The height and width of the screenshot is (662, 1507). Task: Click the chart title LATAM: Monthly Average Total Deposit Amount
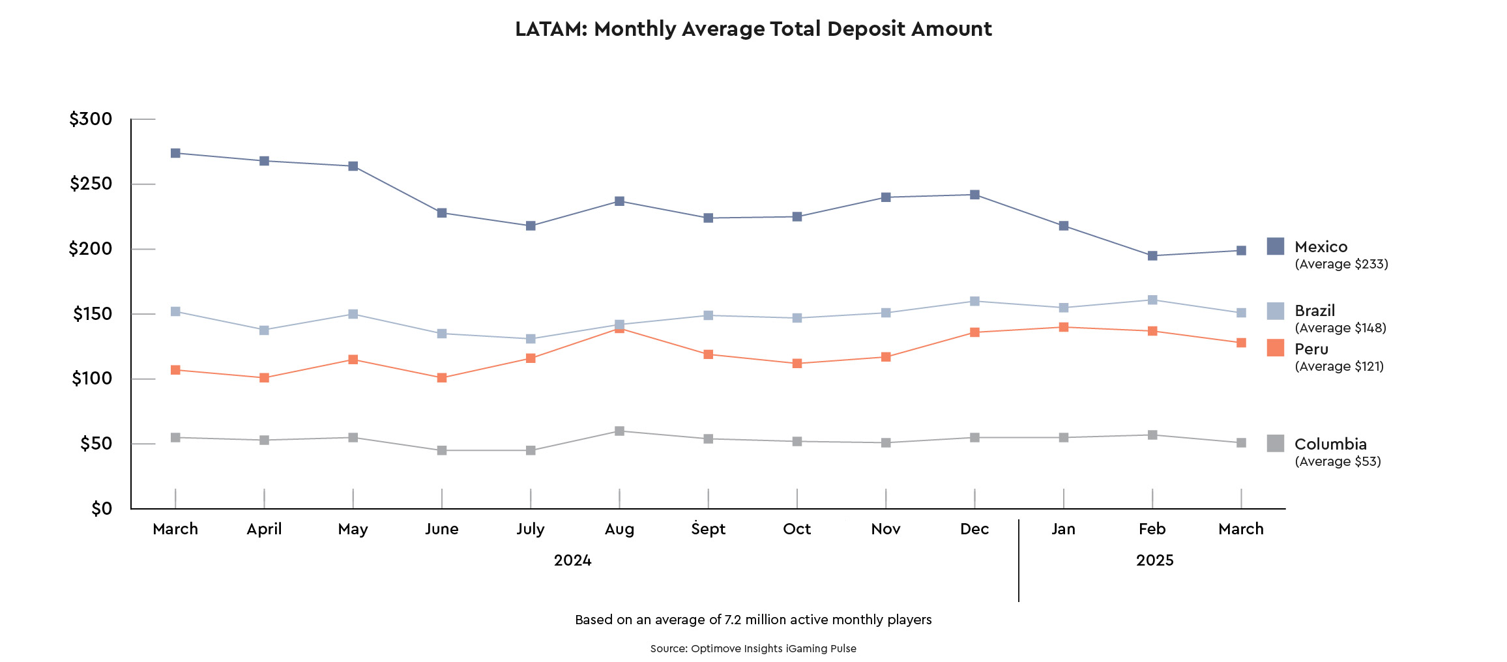[x=753, y=29]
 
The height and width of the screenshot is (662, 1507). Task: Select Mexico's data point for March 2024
[x=175, y=153]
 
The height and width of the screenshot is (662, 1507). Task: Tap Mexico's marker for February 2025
[x=1152, y=256]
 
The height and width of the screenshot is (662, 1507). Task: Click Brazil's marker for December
[x=974, y=301]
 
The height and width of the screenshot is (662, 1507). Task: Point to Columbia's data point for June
[x=442, y=450]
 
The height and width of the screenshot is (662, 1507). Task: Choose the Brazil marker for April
[x=264, y=330]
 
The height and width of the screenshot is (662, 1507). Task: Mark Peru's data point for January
[x=1064, y=327]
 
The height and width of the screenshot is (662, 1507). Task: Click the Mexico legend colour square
[x=1276, y=246]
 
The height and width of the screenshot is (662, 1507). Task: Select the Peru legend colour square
[x=1276, y=348]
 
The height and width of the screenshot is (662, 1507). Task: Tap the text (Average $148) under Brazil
[x=1340, y=328]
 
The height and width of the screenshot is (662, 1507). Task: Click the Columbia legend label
[x=1330, y=444]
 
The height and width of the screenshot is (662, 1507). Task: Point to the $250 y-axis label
[x=91, y=184]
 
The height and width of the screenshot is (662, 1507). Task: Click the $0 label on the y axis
[x=102, y=509]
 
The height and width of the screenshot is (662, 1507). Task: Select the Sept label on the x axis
[x=708, y=529]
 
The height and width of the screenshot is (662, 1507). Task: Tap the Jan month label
[x=1063, y=529]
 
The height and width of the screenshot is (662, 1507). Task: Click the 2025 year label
[x=1154, y=560]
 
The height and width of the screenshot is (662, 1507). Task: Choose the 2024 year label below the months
[x=572, y=560]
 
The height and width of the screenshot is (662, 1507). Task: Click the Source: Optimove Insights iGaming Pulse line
[x=753, y=649]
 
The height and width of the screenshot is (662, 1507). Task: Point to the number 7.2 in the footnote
[x=733, y=620]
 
